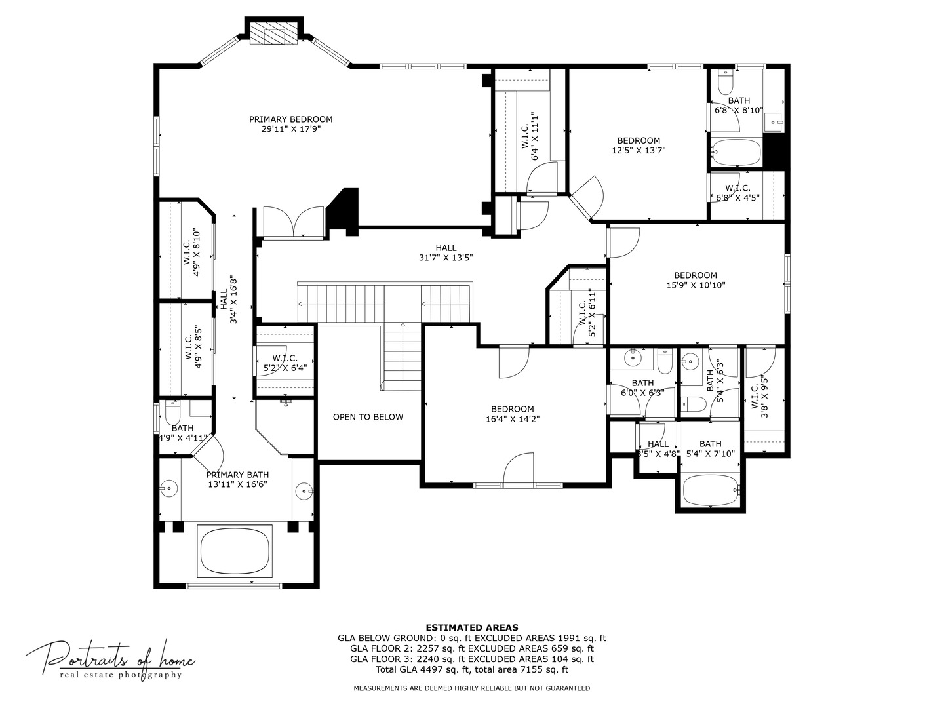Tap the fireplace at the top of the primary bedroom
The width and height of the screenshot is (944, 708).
tap(274, 35)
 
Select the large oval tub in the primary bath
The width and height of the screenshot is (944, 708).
tap(235, 550)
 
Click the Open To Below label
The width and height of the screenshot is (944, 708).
tap(368, 417)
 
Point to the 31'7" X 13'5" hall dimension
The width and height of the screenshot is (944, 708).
tap(445, 258)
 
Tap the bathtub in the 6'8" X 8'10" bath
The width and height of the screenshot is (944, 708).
tap(736, 153)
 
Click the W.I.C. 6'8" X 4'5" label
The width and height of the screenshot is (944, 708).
tap(737, 193)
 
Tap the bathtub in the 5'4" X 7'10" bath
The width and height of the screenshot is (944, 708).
tap(710, 490)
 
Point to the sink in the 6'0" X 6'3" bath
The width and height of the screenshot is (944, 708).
tap(633, 358)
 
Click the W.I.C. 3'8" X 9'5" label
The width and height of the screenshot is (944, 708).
tap(758, 396)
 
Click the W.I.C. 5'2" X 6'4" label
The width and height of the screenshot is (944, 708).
tap(285, 363)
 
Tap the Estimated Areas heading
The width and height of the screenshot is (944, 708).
tap(471, 627)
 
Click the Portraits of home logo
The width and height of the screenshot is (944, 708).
tap(110, 659)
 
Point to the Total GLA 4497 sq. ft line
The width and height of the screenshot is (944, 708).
tap(471, 669)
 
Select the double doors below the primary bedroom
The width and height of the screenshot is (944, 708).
tap(293, 222)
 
